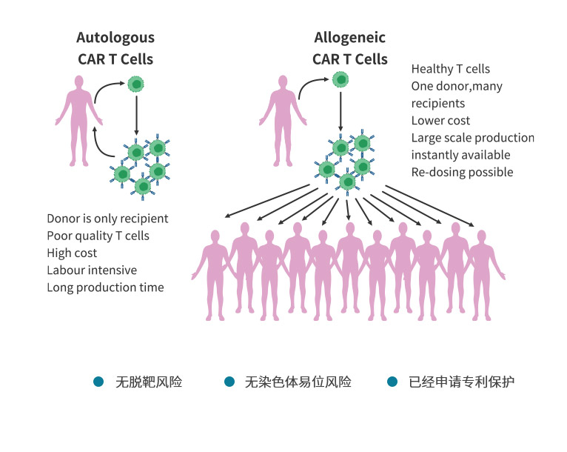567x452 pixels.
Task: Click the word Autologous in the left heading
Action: click(x=115, y=38)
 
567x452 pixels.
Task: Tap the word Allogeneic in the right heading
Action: click(x=349, y=38)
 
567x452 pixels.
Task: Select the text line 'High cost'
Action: click(x=72, y=253)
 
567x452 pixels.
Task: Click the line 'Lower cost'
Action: click(x=440, y=120)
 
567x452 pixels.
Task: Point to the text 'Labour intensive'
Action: click(x=92, y=270)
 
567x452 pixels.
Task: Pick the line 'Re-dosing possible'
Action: click(x=462, y=172)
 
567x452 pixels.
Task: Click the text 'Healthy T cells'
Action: click(x=451, y=69)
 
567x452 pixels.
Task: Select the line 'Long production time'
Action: click(x=105, y=288)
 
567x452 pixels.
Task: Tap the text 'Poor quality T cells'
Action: click(x=98, y=236)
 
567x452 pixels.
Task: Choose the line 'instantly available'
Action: click(x=460, y=155)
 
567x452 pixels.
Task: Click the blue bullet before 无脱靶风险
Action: click(x=98, y=382)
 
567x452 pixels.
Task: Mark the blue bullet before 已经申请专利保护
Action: click(x=392, y=382)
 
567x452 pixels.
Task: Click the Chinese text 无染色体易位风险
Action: click(x=298, y=382)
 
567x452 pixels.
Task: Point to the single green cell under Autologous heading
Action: click(x=136, y=84)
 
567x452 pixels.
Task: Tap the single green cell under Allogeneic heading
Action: click(x=340, y=79)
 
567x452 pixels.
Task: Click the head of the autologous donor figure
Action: click(x=78, y=82)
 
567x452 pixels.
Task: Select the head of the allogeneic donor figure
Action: click(x=283, y=82)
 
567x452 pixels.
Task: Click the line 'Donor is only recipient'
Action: click(x=107, y=218)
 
